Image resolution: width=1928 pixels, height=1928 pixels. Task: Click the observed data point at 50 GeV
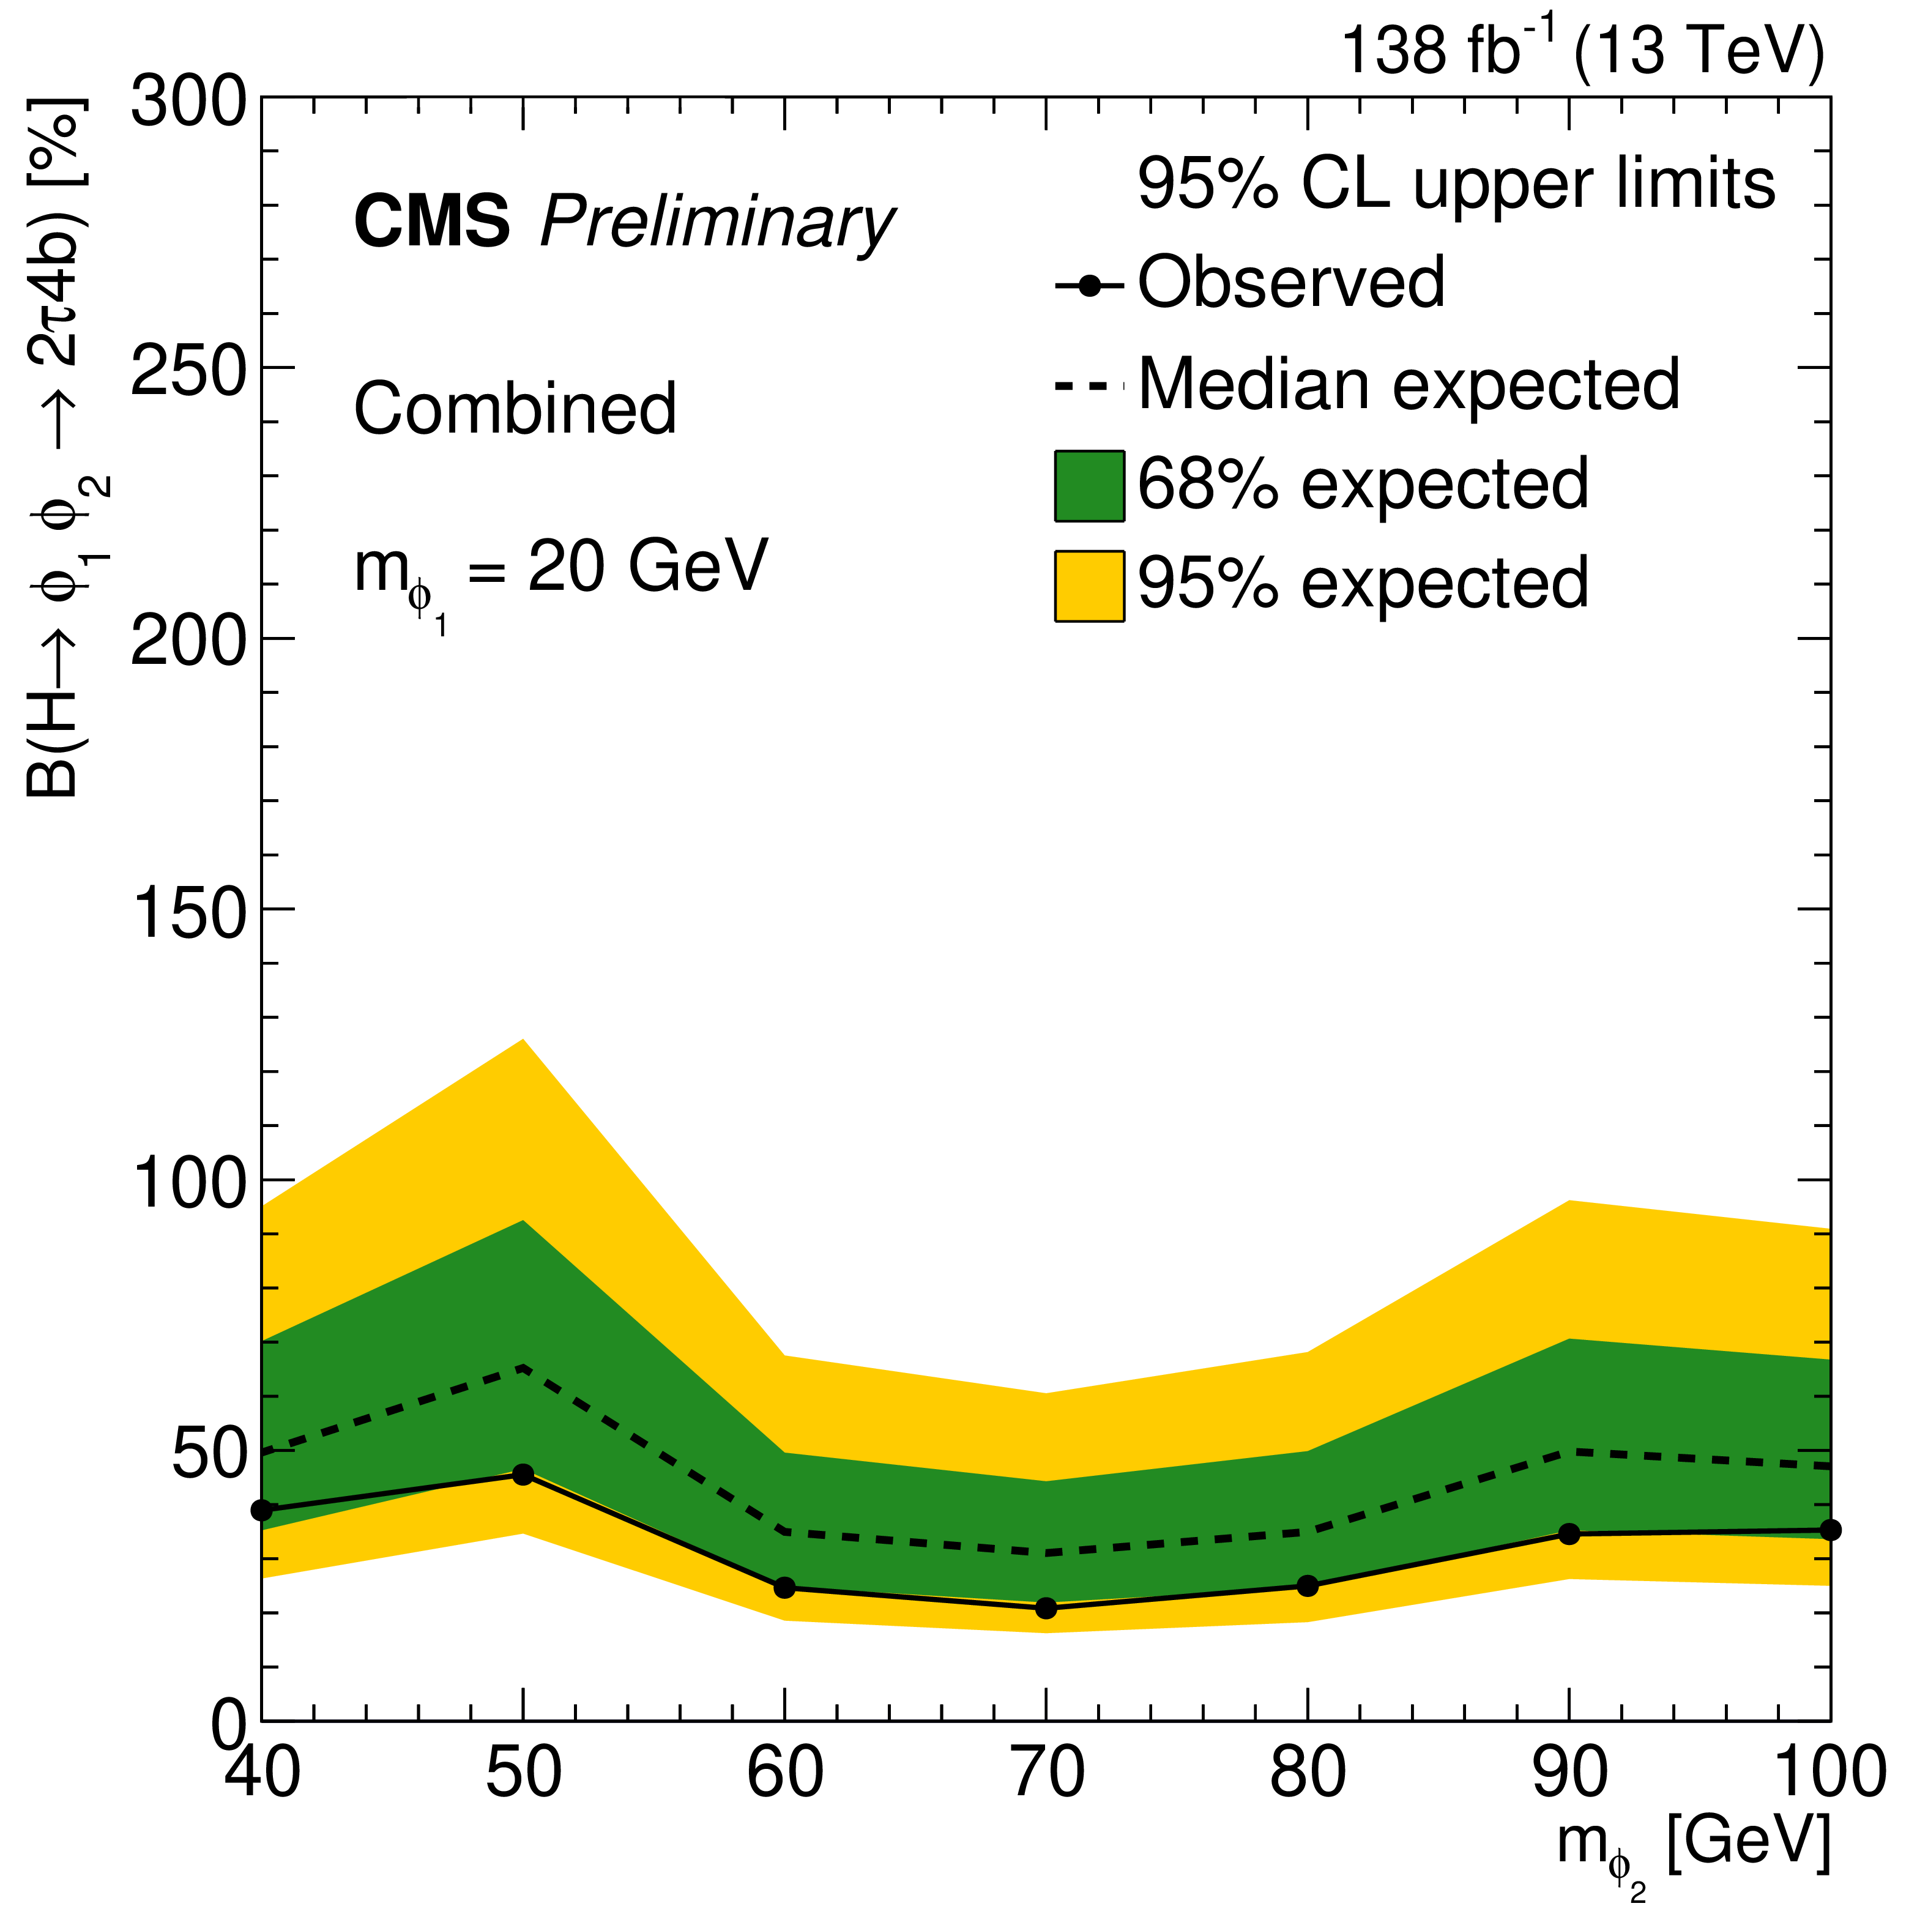523,1474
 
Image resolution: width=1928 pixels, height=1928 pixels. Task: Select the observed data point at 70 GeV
1046,1607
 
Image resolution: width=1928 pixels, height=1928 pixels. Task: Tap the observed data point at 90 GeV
1569,1534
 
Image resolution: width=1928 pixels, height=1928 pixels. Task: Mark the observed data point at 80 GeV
1308,1586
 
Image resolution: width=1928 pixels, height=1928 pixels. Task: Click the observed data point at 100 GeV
1830,1530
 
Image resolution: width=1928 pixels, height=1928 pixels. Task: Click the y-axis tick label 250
188,367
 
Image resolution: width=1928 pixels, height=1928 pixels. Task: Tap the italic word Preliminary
716,223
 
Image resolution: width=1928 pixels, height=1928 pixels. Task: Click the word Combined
515,409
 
